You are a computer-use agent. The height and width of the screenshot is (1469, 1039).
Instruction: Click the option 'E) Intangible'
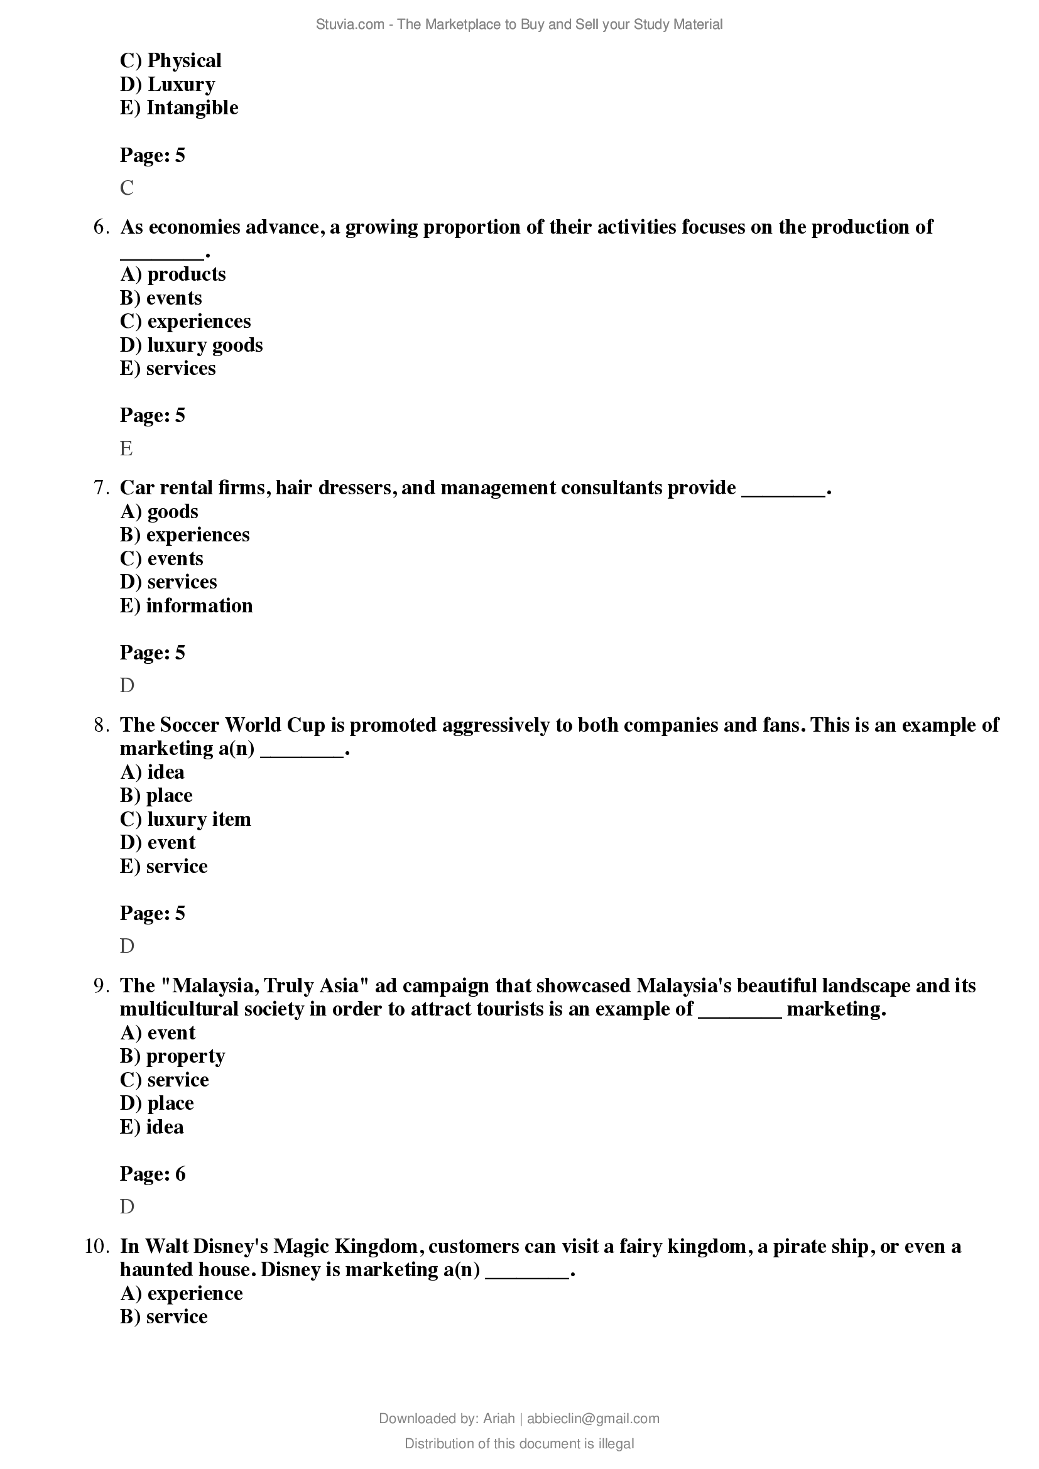click(178, 107)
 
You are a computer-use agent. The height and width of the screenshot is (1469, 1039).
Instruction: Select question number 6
click(102, 227)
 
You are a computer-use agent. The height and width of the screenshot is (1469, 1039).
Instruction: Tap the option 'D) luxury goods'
click(191, 345)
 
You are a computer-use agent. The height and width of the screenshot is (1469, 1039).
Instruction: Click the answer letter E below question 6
click(126, 448)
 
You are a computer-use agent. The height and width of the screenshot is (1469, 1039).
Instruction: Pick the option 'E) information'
click(185, 605)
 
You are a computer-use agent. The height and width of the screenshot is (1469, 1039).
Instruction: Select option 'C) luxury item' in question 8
click(185, 819)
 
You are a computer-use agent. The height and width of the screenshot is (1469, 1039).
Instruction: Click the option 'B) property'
click(172, 1056)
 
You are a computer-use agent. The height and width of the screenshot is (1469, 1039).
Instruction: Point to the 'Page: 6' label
click(152, 1174)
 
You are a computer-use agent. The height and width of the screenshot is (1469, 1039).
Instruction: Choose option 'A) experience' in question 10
click(181, 1293)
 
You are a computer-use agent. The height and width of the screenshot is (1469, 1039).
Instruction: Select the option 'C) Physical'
click(170, 61)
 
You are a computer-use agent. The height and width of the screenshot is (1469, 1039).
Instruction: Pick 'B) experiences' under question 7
click(184, 535)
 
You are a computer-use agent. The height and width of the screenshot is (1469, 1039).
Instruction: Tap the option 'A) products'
click(173, 274)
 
